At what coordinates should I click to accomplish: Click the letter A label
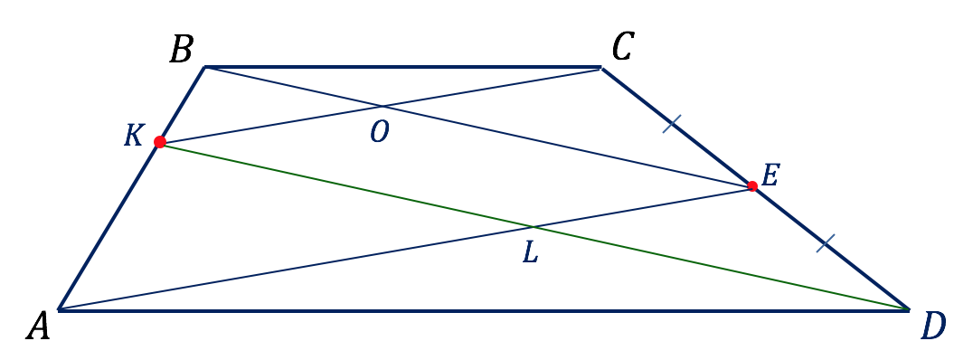[x=38, y=326]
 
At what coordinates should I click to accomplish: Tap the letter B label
[x=181, y=50]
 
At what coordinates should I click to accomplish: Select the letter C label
[x=621, y=46]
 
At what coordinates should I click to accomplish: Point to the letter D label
[x=933, y=327]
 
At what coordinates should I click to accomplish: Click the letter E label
[x=769, y=177]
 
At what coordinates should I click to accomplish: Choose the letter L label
[x=530, y=252]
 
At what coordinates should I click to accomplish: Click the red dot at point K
[x=160, y=142]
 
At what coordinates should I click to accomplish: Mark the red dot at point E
[x=752, y=185]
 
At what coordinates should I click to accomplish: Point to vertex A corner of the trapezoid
[x=59, y=309]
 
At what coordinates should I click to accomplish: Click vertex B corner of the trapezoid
[x=205, y=66]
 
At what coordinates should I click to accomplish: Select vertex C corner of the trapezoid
[x=600, y=66]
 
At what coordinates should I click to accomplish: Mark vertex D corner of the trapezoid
[x=909, y=309]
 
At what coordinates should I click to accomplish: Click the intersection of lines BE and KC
[x=383, y=106]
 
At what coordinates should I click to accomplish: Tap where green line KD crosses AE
[x=533, y=226]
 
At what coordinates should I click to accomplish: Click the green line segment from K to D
[x=535, y=226]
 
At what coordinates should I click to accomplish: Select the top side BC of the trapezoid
[x=403, y=66]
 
